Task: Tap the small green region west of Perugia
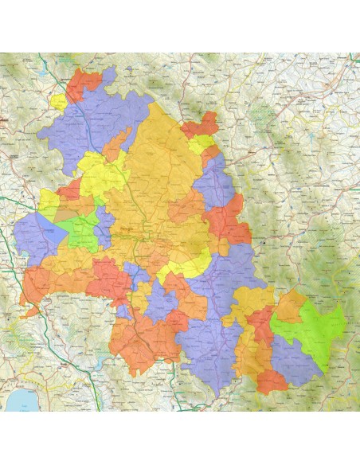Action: pyautogui.click(x=80, y=231)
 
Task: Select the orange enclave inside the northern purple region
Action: pyautogui.click(x=116, y=144)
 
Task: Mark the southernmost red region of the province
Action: pyautogui.click(x=272, y=382)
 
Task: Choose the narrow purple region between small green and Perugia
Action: pyautogui.click(x=103, y=227)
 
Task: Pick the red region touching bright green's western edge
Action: pyautogui.click(x=260, y=326)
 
